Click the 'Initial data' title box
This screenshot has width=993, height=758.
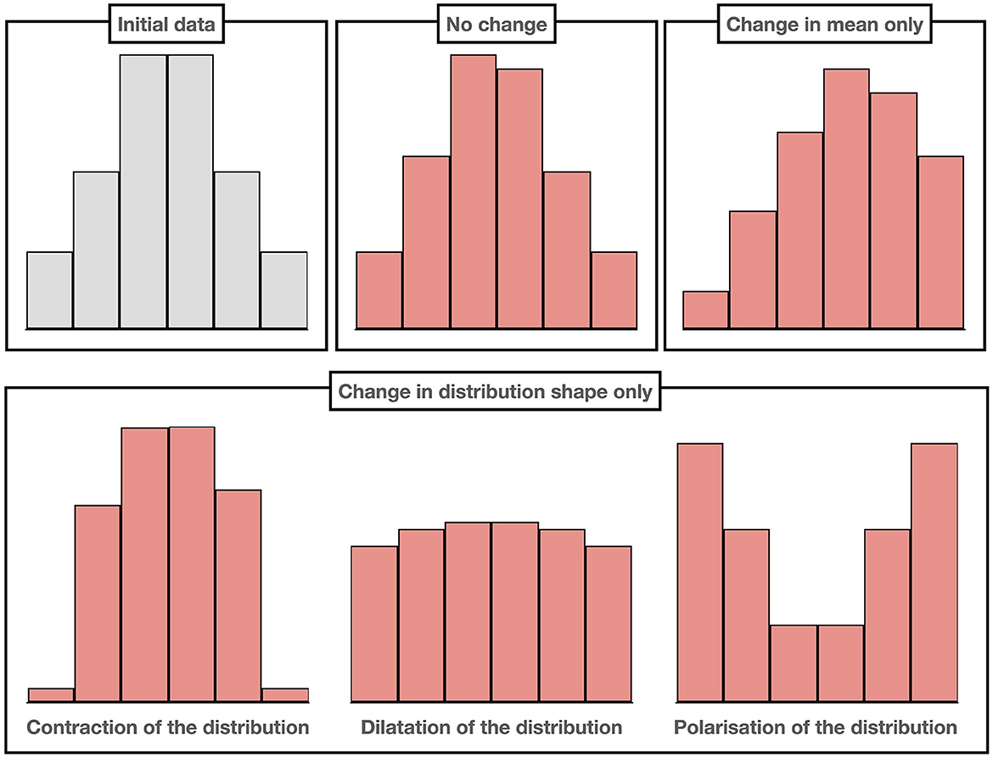coord(167,25)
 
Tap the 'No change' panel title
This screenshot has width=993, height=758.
coord(496,25)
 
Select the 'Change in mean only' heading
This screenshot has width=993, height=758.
coord(825,25)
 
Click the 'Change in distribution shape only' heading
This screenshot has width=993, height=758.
coord(496,392)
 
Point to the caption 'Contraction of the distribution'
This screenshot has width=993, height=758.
coord(168,727)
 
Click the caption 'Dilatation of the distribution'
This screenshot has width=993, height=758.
coord(491,727)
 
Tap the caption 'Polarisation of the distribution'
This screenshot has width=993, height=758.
coord(816,727)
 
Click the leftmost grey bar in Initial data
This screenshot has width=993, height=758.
coord(50,290)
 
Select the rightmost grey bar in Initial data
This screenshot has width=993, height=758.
coord(284,290)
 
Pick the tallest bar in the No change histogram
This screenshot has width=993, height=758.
coord(473,192)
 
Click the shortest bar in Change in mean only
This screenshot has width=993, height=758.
coord(705,310)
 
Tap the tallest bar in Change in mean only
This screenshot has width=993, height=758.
coord(846,199)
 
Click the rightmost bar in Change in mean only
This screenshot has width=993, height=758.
coord(940,243)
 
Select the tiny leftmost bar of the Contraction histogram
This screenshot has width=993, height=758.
coord(51,695)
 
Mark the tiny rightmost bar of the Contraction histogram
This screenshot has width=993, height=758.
coord(285,695)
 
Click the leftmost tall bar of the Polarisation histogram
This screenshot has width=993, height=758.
coord(700,573)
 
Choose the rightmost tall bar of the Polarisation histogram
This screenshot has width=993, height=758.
coord(934,573)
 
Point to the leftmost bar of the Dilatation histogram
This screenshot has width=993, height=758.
coord(375,624)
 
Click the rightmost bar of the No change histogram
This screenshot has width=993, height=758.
coord(614,290)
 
